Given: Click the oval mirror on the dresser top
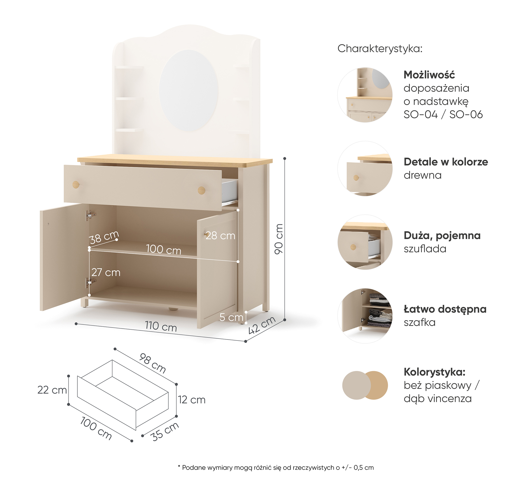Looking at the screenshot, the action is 189,90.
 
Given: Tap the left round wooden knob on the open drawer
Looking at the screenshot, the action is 76,184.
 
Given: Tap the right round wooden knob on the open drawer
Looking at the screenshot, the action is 201,190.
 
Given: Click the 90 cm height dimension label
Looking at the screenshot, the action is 279,239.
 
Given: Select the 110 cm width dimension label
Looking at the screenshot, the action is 161,326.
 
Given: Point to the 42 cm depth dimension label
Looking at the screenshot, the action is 262,325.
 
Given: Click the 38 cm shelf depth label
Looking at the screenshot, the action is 104,237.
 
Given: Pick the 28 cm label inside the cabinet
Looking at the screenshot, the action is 220,235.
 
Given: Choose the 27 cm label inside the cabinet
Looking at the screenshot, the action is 106,272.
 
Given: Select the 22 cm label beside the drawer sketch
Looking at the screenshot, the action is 52,390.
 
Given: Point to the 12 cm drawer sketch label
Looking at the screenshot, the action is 192,400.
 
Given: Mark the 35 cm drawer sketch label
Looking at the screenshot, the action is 164,431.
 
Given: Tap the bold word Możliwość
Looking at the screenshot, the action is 429,75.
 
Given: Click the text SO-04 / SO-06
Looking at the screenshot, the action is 443,115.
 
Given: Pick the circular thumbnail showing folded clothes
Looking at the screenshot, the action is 365,316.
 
